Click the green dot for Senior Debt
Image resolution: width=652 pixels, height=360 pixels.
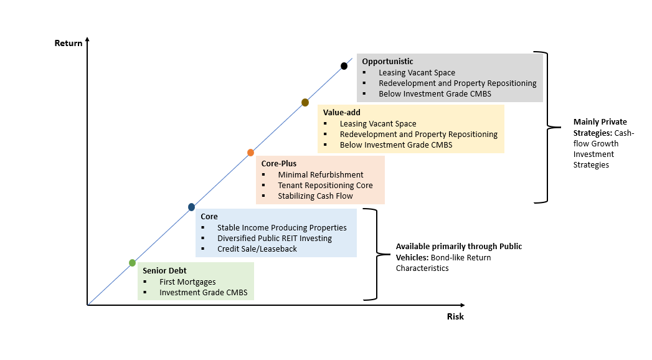(132, 263)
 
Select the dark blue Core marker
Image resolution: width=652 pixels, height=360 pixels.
(191, 207)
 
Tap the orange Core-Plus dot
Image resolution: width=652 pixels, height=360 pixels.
(250, 153)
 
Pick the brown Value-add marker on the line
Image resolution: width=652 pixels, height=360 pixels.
(305, 102)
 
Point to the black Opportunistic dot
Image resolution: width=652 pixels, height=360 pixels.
(344, 66)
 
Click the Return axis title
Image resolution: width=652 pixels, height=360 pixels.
(69, 44)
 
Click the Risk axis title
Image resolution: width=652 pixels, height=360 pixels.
(455, 316)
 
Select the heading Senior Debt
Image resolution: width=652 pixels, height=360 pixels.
(164, 270)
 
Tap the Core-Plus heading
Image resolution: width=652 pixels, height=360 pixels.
(279, 163)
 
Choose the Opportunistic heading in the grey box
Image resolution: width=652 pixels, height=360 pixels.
(387, 61)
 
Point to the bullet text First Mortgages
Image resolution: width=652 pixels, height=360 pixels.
(187, 282)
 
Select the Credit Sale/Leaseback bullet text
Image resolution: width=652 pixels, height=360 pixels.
(257, 249)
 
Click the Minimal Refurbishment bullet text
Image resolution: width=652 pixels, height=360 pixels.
(321, 174)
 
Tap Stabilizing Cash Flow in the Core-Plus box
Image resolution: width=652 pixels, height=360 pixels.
(316, 196)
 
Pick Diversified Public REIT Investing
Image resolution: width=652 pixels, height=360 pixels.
(275, 238)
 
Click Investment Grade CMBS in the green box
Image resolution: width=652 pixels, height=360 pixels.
(207, 292)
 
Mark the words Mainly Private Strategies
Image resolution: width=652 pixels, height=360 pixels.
(600, 127)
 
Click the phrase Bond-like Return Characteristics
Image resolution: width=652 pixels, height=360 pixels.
(443, 263)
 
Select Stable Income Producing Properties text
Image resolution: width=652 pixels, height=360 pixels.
(282, 227)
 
